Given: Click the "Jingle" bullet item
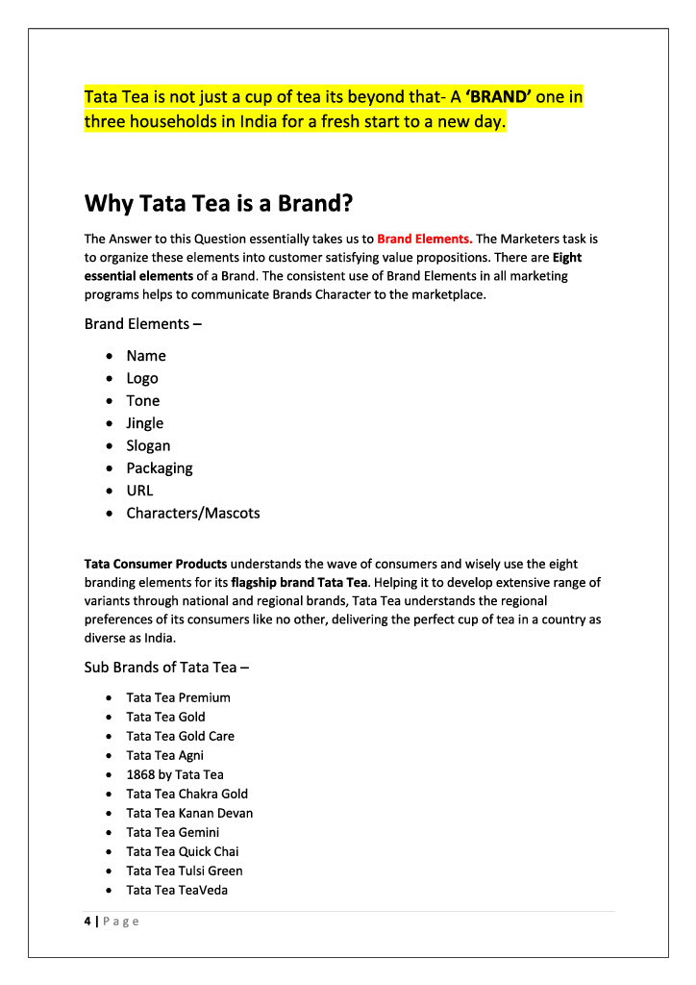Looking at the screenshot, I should [x=144, y=423].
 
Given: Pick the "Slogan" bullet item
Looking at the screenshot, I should [x=148, y=445].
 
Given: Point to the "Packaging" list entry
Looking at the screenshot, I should [x=159, y=468].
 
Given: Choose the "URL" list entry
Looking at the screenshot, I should [x=139, y=491].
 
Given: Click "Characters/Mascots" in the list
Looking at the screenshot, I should [x=192, y=513].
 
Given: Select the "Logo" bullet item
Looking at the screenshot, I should [x=142, y=378].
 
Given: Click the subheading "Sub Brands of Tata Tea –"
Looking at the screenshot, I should [x=168, y=668].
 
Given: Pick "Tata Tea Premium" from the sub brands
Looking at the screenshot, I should [x=178, y=697].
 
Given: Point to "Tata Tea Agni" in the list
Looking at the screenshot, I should [x=164, y=755].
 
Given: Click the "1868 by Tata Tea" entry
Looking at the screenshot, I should [x=174, y=774].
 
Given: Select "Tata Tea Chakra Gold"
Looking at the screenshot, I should [x=186, y=794].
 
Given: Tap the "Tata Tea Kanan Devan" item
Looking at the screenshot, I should [x=189, y=813].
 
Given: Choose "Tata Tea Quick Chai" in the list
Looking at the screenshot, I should [x=182, y=851].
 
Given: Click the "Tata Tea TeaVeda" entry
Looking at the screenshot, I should [x=177, y=890].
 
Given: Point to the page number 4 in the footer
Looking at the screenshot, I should [x=87, y=922].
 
